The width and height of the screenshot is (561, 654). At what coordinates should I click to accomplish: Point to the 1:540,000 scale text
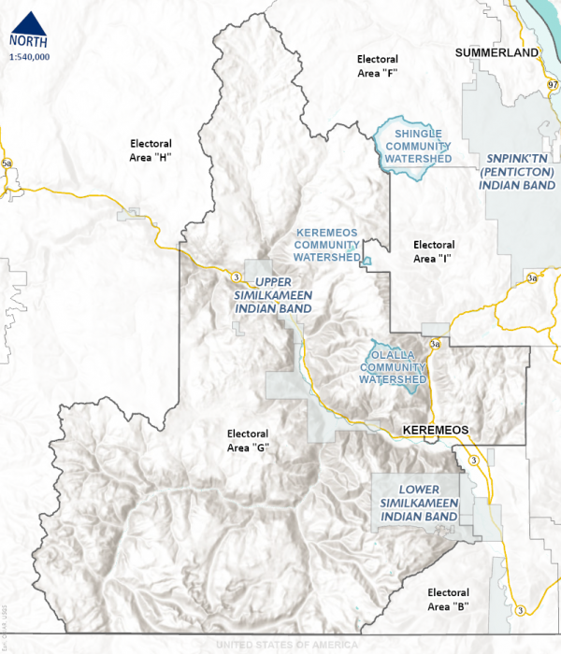tap(29, 57)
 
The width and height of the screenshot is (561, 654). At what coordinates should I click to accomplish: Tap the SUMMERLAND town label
tap(496, 53)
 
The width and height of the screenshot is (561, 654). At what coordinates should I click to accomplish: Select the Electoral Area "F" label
tap(379, 66)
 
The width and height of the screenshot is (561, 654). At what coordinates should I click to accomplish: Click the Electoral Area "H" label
tap(151, 150)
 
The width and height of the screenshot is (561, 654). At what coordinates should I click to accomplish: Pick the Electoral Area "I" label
tap(433, 251)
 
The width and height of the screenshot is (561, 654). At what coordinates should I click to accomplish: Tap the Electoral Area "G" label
tap(248, 441)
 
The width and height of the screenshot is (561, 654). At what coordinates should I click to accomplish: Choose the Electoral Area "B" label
tap(447, 600)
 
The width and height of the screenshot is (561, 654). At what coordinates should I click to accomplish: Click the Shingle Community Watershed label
tap(417, 147)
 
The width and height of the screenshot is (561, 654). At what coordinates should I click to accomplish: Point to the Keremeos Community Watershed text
tap(327, 244)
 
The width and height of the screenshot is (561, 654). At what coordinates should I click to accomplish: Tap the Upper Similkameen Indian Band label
tap(273, 294)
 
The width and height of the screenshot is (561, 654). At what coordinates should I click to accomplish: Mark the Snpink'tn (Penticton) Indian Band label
tap(517, 173)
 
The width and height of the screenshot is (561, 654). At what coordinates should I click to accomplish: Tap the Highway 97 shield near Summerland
tap(553, 83)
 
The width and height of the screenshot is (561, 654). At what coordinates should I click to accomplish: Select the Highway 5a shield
tap(8, 164)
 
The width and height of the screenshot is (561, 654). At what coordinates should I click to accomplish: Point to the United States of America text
tap(287, 645)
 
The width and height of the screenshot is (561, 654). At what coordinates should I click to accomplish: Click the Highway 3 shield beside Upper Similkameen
tap(237, 277)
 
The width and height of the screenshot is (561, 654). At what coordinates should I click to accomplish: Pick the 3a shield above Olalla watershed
tap(434, 344)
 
